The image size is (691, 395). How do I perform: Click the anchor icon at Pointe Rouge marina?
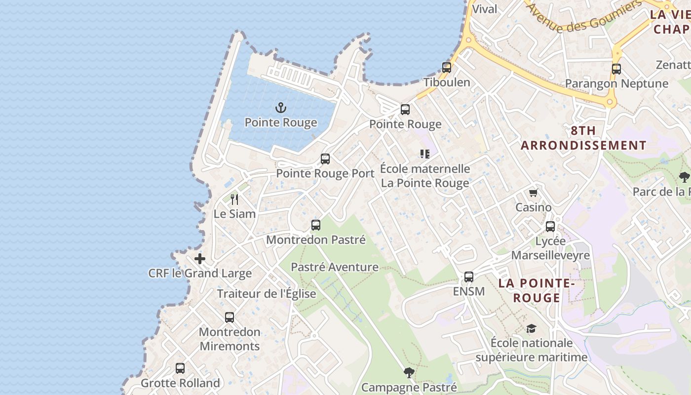click(281, 107)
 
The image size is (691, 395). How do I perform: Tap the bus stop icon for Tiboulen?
click(447, 68)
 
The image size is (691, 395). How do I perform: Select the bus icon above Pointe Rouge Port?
click(325, 159)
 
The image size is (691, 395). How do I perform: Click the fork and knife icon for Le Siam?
click(234, 199)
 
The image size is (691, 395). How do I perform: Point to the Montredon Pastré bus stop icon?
click(316, 226)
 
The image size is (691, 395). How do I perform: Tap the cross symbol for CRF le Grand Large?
click(200, 259)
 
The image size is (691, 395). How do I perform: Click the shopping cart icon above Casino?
click(533, 193)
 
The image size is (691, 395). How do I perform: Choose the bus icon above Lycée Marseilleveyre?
click(550, 227)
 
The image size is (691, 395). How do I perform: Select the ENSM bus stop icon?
click(469, 277)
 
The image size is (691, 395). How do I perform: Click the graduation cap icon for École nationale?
click(531, 328)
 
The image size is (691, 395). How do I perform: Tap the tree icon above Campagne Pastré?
click(409, 373)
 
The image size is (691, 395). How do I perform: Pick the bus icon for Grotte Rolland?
click(180, 368)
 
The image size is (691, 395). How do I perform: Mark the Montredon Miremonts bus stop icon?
click(230, 317)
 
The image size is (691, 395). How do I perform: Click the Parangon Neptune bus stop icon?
click(616, 69)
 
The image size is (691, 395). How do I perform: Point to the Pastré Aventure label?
click(335, 267)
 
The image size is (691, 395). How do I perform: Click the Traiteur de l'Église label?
click(267, 294)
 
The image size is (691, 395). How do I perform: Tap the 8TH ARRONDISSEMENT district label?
click(583, 138)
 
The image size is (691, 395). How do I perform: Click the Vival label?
click(485, 9)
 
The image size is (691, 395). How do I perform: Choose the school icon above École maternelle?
click(425, 154)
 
